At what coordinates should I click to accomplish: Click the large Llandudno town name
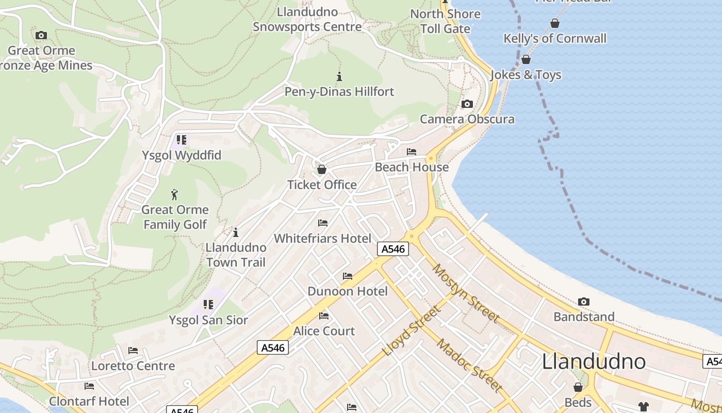click(594, 361)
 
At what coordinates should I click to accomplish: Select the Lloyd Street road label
click(412, 331)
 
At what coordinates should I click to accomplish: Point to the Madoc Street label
click(469, 364)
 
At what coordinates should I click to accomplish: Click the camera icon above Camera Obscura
click(467, 104)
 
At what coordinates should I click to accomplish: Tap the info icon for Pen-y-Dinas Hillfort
click(339, 77)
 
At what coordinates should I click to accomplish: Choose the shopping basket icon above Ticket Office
click(322, 169)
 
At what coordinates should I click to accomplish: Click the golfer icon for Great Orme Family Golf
click(174, 195)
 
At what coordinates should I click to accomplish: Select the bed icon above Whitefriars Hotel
click(323, 223)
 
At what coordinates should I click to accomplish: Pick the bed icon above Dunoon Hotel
click(348, 276)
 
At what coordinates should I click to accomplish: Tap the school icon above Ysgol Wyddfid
click(181, 140)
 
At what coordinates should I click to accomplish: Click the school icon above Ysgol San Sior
click(208, 305)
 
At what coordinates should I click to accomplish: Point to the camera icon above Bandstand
click(584, 301)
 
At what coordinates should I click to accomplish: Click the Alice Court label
click(324, 331)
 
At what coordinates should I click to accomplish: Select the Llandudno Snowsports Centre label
click(307, 20)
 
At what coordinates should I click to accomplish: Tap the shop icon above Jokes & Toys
click(526, 60)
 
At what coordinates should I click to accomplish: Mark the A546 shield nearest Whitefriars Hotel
click(393, 249)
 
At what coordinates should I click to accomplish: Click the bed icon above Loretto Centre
click(133, 351)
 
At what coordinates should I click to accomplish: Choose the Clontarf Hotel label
click(89, 401)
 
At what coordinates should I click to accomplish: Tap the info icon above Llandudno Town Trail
click(236, 232)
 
